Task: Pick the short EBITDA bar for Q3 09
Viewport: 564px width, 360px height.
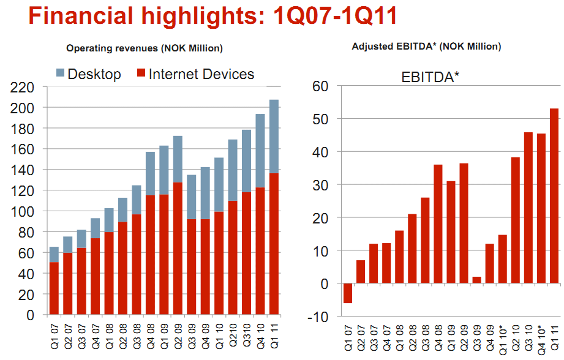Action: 477,280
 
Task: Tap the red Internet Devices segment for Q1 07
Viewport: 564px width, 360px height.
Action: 55,288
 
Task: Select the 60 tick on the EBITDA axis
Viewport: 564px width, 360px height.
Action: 321,86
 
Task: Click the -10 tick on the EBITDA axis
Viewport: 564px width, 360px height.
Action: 320,317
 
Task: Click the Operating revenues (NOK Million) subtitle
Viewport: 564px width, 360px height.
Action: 144,48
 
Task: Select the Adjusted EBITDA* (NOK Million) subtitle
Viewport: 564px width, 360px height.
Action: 426,46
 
